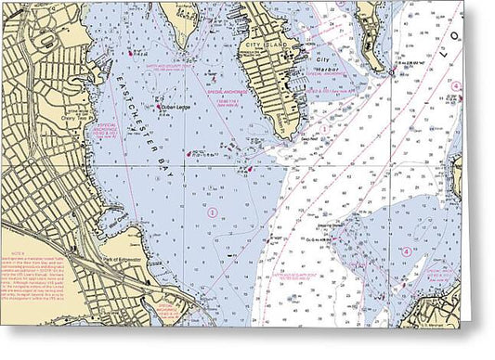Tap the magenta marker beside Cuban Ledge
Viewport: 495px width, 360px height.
[x=159, y=108]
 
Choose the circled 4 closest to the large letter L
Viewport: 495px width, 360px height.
[x=456, y=85]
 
